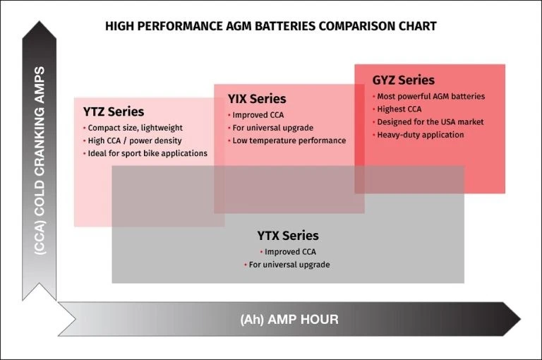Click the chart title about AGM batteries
pos(271,26)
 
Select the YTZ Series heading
pos(114,112)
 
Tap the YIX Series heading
pos(257,99)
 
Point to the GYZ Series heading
pos(404,80)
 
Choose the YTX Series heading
pos(287,236)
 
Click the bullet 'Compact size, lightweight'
pos(135,128)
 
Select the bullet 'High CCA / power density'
pos(134,140)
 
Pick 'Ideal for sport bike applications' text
pos(147,153)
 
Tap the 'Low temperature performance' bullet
pos(289,140)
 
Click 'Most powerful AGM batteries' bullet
pos(430,97)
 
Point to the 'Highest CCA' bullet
pos(403,109)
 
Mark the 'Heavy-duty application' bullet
pos(420,135)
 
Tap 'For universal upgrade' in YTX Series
pos(289,265)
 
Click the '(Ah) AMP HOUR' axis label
pos(289,320)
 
